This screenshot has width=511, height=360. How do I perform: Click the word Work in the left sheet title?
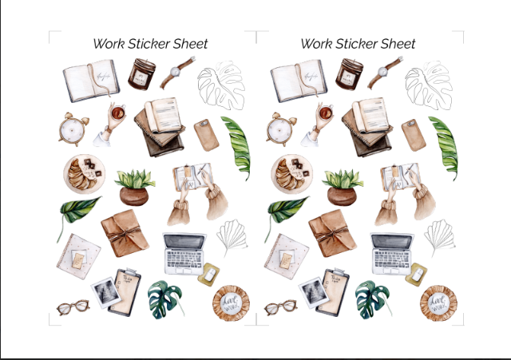coord(109,44)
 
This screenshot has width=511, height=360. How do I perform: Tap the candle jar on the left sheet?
coord(145,75)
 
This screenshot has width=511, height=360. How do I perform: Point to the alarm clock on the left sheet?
coord(73,129)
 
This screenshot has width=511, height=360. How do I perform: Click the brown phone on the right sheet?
coord(414,135)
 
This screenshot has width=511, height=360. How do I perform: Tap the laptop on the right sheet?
coord(391,253)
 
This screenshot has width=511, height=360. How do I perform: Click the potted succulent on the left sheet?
coord(134,187)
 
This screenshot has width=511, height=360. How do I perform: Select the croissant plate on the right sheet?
coord(291,175)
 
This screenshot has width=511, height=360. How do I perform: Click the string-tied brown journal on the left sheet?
coord(125,233)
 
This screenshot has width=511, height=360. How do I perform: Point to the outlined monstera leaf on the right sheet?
coord(429,86)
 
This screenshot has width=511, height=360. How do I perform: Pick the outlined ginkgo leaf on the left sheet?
coord(231,237)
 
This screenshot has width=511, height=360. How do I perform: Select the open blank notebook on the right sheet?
coord(298,81)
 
